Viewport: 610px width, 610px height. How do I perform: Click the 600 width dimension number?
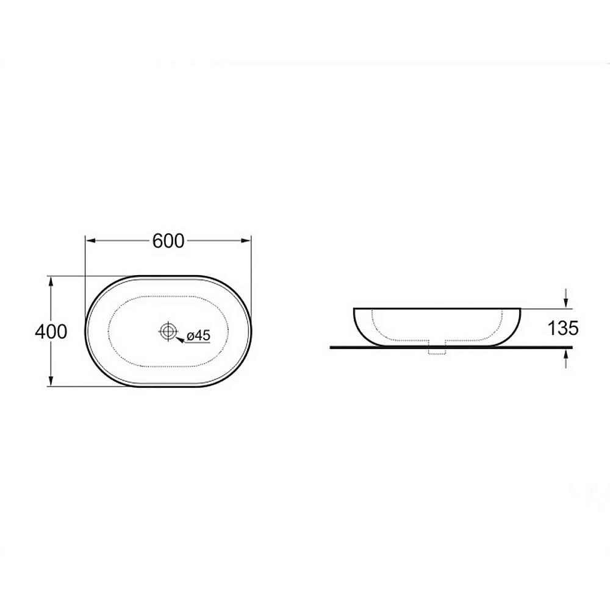click(x=168, y=241)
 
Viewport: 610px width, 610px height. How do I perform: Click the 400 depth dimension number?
click(x=51, y=331)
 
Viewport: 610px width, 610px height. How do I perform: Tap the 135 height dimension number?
click(x=563, y=328)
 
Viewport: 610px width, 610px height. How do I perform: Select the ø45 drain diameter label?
click(x=198, y=335)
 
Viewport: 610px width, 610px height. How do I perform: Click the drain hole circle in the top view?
click(x=168, y=331)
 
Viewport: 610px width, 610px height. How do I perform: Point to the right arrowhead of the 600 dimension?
click(x=246, y=241)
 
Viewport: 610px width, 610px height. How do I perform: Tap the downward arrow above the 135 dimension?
click(x=565, y=298)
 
